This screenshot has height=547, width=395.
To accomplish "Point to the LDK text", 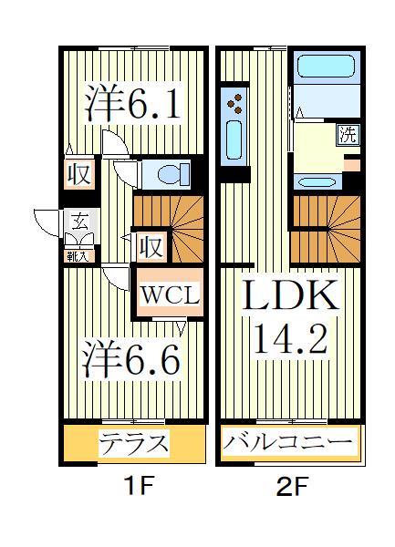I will point(291,296).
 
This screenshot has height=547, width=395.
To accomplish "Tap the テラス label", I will point(134,445).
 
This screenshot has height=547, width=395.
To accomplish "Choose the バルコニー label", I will point(288,445).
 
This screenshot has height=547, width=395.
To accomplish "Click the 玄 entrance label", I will point(79,221).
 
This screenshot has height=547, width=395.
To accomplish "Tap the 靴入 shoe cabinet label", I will point(78,256).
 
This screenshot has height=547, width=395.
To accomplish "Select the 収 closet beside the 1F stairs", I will point(150,246).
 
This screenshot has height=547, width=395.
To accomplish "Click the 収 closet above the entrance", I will point(80,174).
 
